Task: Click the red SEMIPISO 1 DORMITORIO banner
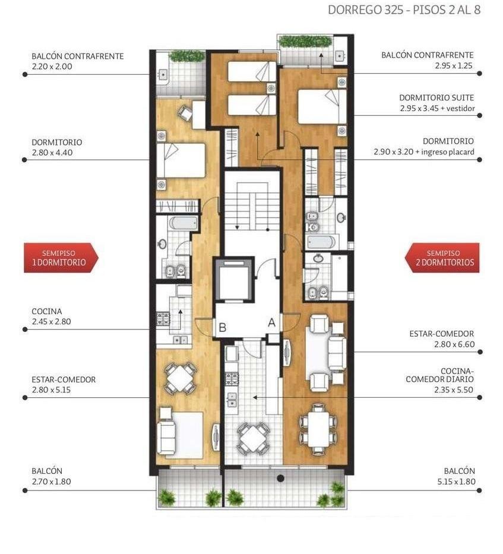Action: (x=61, y=258)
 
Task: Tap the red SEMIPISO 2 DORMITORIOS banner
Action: (x=442, y=258)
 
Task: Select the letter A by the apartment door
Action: (x=271, y=322)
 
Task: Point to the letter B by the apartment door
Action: (x=222, y=328)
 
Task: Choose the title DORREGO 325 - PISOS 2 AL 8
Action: (x=404, y=10)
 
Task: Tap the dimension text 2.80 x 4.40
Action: (x=52, y=153)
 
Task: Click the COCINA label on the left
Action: (x=47, y=311)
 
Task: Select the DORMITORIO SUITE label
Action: (x=436, y=97)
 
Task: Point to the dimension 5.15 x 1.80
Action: (x=456, y=481)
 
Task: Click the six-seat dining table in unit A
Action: (x=318, y=429)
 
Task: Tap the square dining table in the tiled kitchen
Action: (x=252, y=438)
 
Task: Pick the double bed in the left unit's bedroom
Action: (x=181, y=160)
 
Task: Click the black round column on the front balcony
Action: (x=281, y=479)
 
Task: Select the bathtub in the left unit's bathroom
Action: (x=184, y=223)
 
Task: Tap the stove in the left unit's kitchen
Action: (x=163, y=318)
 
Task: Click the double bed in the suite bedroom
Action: (x=322, y=106)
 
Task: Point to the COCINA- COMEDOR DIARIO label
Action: (x=439, y=375)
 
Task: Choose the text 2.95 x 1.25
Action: (x=454, y=65)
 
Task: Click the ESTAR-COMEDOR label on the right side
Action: (x=441, y=334)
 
